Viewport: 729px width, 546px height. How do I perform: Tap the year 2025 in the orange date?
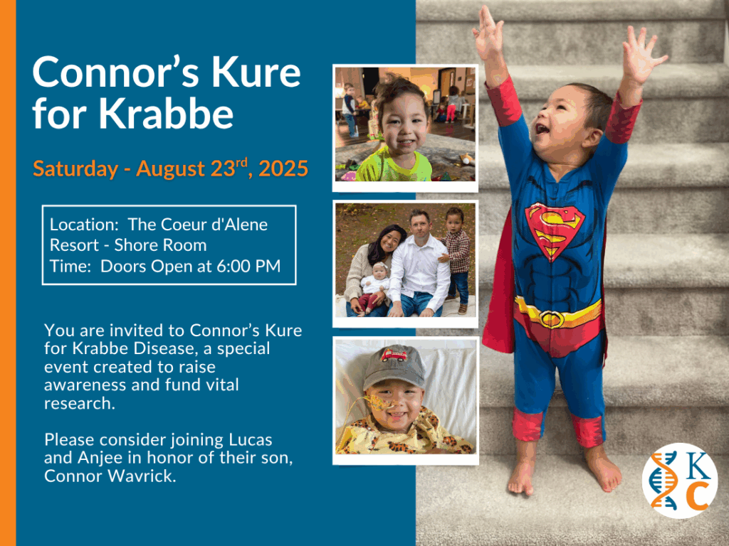pos(283,168)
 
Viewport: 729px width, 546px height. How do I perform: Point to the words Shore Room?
pos(160,245)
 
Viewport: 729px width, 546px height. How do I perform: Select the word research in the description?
pos(79,404)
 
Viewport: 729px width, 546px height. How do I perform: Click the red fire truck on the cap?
pos(394,355)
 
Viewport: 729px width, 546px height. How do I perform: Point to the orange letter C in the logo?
pos(698,496)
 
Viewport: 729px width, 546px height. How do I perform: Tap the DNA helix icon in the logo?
pos(664,481)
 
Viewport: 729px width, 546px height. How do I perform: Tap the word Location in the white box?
pos(84,225)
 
